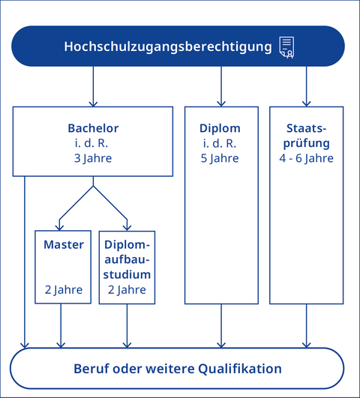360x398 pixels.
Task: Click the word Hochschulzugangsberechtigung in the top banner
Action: (167, 46)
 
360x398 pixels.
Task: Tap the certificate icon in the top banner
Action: (286, 46)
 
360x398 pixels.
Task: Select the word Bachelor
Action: (93, 128)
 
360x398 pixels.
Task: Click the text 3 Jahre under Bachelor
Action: (93, 158)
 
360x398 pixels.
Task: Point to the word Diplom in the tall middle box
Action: (221, 128)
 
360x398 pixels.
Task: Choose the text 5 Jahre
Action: (221, 158)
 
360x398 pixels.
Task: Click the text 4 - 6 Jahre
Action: (306, 158)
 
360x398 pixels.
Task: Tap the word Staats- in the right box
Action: (306, 128)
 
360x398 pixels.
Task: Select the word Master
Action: (63, 245)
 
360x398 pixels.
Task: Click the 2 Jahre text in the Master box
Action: (63, 290)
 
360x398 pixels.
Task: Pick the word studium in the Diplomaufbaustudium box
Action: (127, 274)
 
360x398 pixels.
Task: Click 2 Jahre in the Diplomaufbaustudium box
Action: (127, 290)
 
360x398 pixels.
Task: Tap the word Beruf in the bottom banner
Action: (91, 369)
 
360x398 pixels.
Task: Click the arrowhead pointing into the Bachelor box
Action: (93, 103)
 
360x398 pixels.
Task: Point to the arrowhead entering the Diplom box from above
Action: (221, 103)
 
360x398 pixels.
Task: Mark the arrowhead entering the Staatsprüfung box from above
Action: (306, 103)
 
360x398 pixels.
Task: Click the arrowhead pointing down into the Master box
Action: (61, 226)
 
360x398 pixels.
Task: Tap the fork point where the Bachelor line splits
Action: (93, 186)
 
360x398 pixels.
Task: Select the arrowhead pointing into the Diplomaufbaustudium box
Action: (126, 226)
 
